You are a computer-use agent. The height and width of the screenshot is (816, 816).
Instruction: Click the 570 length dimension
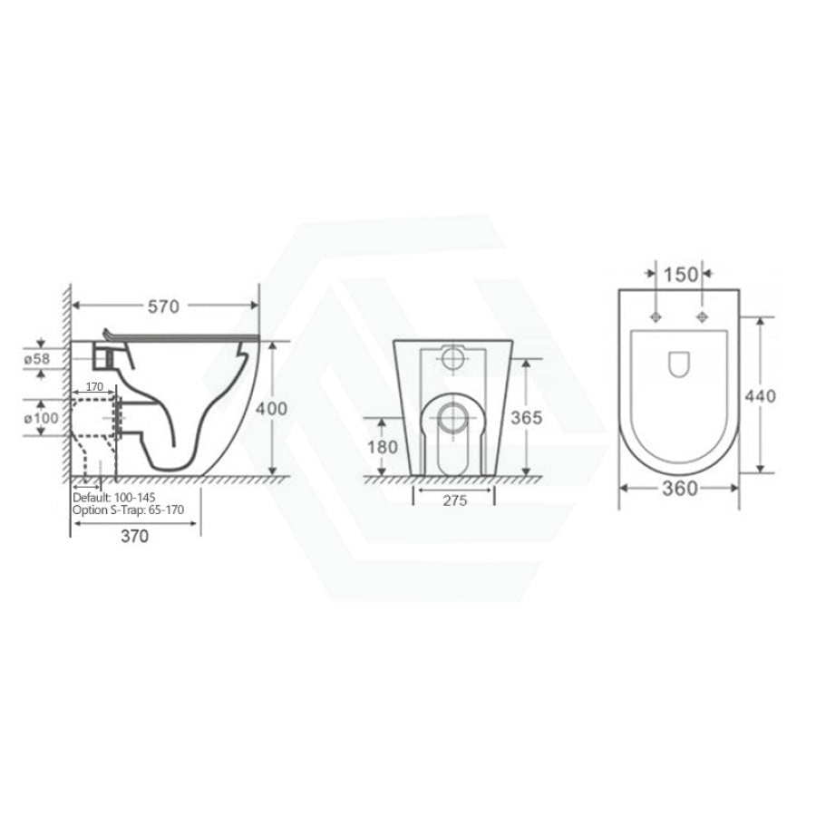pos(162,306)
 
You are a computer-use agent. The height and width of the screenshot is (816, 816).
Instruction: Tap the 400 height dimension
pos(273,409)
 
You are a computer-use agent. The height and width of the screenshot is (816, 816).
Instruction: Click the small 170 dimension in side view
pos(92,387)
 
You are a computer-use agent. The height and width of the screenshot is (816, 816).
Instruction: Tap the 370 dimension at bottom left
pos(133,536)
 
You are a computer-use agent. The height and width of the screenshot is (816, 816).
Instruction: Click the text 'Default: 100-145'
pos(113,498)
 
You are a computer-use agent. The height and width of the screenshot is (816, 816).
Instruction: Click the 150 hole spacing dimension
pos(679,271)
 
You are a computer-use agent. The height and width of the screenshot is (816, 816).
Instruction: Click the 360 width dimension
pos(679,489)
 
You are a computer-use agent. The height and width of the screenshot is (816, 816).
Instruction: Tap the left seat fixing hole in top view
pos(656,317)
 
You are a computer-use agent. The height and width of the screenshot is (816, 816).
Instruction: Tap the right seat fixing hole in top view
pos(702,317)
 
